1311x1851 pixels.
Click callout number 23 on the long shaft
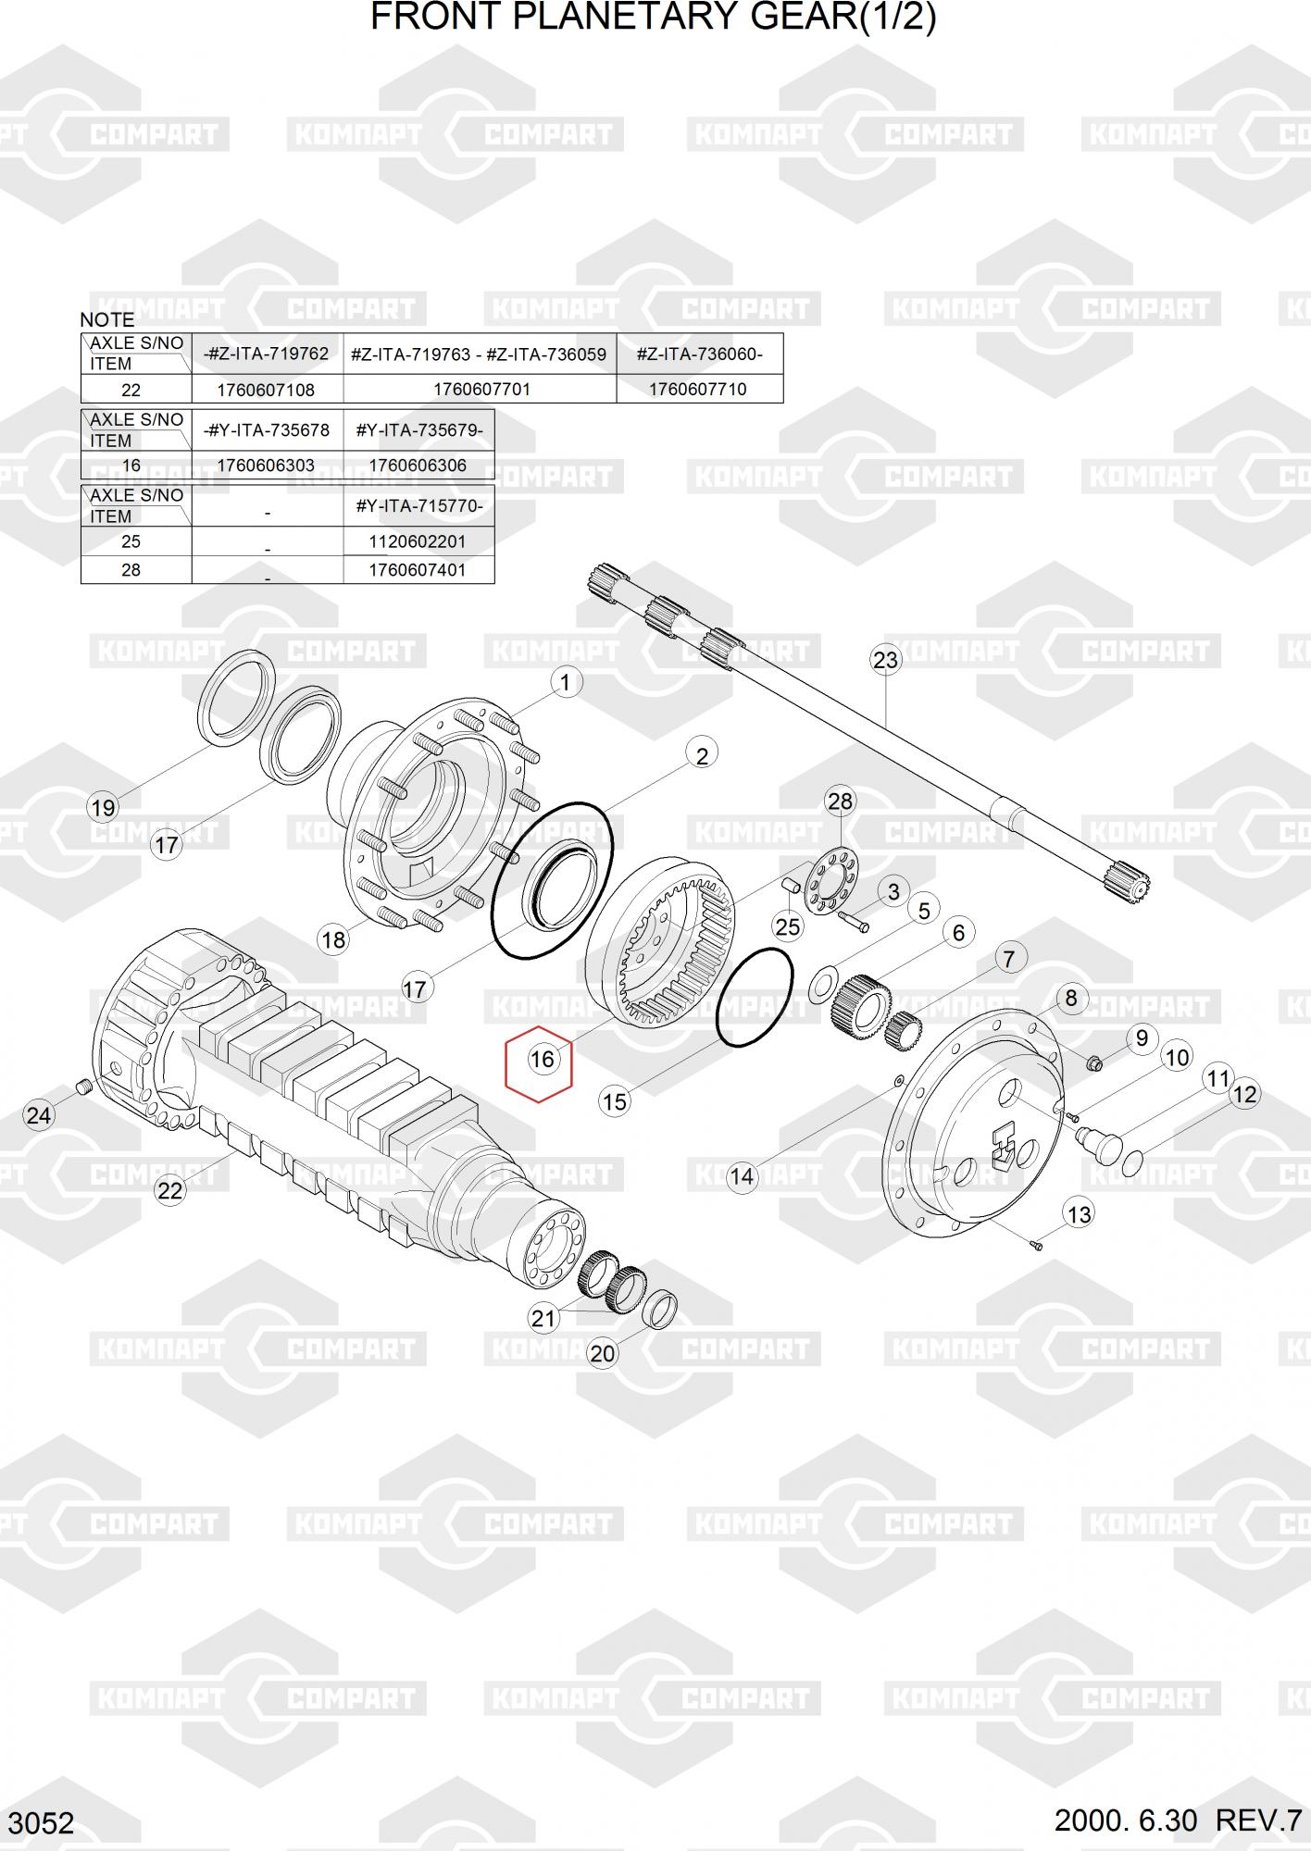click(885, 660)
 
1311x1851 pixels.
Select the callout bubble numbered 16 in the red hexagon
click(542, 1059)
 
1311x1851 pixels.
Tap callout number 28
click(840, 801)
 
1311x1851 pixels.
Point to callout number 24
click(38, 1115)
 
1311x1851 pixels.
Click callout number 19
click(103, 807)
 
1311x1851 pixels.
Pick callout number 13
click(1080, 1213)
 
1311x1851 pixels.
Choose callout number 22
click(169, 1190)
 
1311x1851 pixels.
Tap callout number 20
click(602, 1353)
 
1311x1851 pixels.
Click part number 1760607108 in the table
click(266, 389)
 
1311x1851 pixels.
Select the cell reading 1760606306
click(418, 466)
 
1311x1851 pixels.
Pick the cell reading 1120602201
click(418, 541)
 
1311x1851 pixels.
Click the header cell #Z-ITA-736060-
click(699, 354)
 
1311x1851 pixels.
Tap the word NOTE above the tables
click(107, 319)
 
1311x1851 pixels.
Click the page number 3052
click(43, 1823)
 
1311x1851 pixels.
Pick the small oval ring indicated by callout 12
click(1132, 1162)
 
